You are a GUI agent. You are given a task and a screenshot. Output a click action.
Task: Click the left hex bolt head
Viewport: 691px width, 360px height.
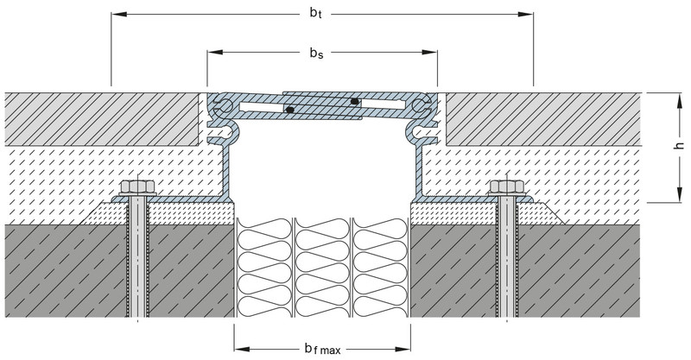[136, 187]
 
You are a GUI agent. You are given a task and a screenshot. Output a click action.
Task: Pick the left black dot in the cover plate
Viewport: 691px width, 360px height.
[291, 110]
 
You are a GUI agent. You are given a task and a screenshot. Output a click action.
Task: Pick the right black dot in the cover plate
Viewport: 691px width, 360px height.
[355, 102]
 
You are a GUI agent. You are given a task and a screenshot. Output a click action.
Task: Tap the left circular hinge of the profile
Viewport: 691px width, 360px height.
[223, 106]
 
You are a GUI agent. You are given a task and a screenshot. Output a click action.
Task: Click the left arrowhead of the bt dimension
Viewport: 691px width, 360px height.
[116, 15]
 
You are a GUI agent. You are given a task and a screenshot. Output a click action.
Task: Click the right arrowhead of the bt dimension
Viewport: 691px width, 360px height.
[528, 15]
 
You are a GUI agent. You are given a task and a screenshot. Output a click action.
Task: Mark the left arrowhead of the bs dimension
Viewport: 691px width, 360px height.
[212, 54]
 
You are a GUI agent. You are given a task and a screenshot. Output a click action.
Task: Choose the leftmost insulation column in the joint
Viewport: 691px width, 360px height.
[263, 268]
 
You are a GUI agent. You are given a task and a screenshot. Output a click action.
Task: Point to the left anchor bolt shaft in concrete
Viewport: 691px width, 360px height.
[136, 259]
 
